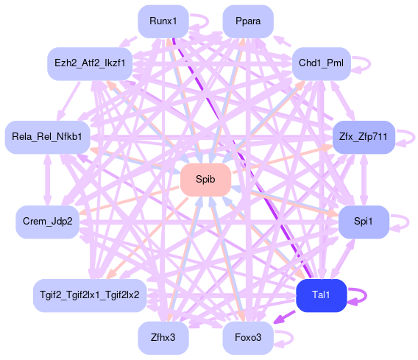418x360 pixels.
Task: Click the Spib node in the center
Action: [x=205, y=180]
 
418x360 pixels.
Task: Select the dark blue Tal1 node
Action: [x=322, y=295]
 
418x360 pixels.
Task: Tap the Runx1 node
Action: [x=163, y=21]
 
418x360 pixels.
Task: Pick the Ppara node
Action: [x=248, y=21]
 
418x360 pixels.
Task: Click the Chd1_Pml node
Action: [x=322, y=64]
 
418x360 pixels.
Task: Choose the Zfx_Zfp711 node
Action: [x=364, y=138]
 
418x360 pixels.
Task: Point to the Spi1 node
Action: [x=364, y=222]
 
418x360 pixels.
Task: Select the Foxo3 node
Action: [x=248, y=338]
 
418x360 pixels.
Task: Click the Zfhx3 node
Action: [x=163, y=338]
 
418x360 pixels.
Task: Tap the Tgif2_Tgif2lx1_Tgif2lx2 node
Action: [x=90, y=295]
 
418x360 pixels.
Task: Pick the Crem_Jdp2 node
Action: [x=47, y=222]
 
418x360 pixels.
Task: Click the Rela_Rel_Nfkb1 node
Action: [x=47, y=138]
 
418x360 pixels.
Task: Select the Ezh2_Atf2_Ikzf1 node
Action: [x=90, y=64]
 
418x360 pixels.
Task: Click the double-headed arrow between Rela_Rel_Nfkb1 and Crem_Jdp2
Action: [x=47, y=180]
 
